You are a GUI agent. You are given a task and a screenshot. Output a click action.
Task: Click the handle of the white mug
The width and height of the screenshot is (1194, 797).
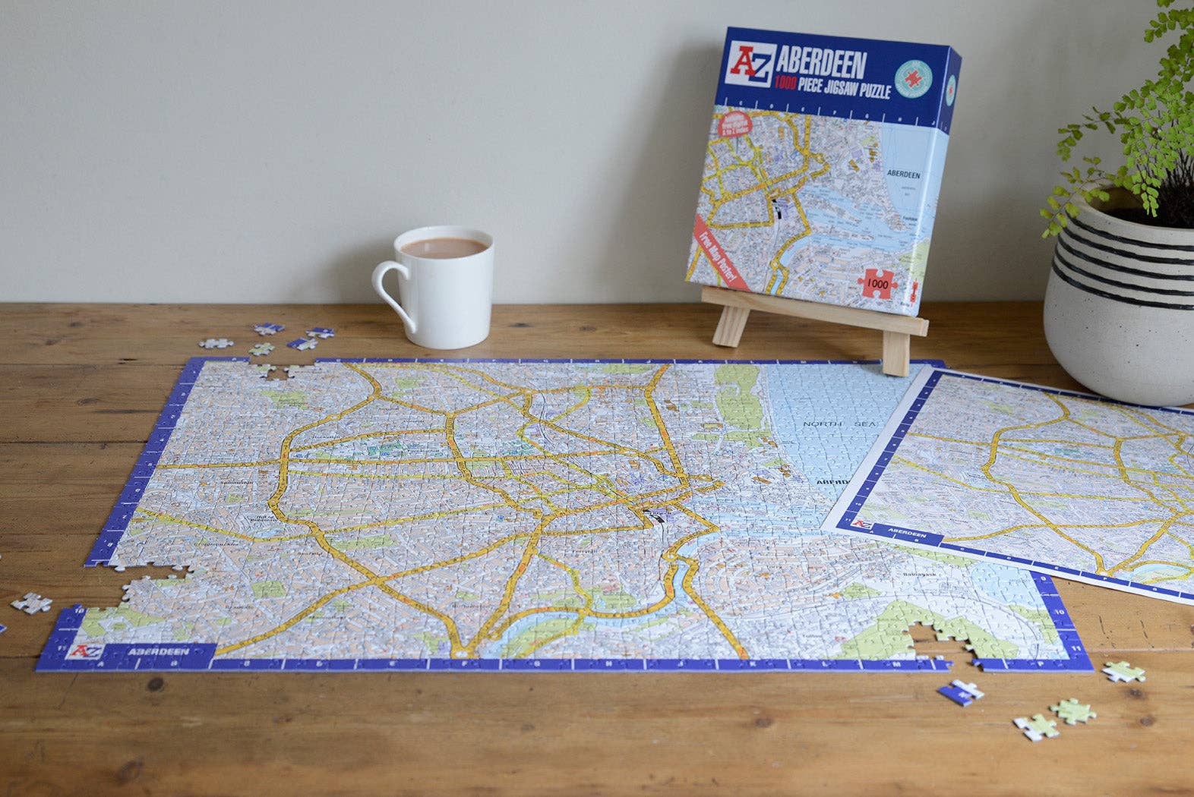point(390,292)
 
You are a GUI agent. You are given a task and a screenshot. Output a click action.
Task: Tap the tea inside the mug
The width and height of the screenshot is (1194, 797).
point(444,247)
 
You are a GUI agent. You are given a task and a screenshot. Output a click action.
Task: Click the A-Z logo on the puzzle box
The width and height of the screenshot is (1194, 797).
point(750,65)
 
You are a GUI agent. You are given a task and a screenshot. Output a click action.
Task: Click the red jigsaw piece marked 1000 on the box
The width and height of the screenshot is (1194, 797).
point(877,284)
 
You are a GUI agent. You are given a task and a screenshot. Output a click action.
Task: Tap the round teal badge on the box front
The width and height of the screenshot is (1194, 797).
point(912,78)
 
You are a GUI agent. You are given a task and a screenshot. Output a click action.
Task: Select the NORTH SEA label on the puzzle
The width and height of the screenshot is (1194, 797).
point(839,424)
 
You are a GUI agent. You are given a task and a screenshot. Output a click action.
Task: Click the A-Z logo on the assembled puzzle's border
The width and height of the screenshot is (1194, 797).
point(84,651)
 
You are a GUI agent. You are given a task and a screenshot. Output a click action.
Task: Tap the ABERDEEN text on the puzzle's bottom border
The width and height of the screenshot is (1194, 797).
point(158,651)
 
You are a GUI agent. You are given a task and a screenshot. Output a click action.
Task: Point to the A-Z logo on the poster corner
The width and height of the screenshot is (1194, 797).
point(861,524)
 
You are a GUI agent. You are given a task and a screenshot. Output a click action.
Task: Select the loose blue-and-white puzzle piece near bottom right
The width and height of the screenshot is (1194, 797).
point(959,692)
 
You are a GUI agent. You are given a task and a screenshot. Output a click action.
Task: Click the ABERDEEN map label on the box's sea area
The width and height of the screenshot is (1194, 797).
point(903,175)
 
